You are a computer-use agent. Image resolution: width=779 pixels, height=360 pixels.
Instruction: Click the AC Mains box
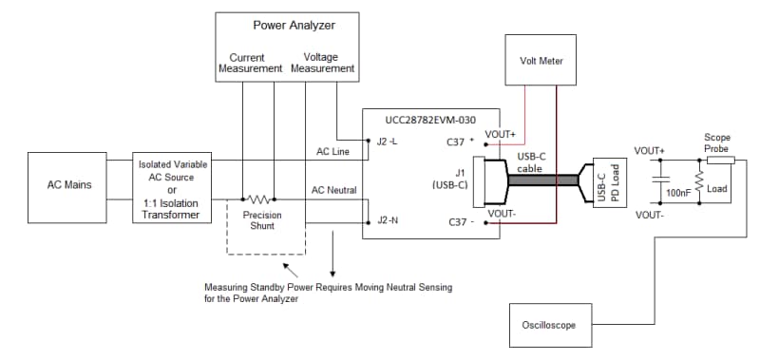coord(69,184)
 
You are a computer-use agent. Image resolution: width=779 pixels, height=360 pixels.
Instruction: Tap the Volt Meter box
coord(541,62)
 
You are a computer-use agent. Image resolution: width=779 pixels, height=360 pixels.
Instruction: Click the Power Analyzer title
coord(293,24)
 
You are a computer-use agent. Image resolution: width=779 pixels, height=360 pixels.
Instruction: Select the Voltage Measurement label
coord(322,63)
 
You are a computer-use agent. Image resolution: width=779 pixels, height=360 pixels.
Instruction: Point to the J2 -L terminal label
coord(387,142)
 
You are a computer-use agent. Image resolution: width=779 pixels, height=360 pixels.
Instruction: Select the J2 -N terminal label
coord(387,220)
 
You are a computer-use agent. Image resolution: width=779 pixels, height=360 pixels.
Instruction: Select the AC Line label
coord(334,151)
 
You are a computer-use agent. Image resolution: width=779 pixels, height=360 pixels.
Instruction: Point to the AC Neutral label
coord(334,190)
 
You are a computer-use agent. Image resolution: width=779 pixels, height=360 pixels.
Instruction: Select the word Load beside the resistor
coord(716,188)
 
